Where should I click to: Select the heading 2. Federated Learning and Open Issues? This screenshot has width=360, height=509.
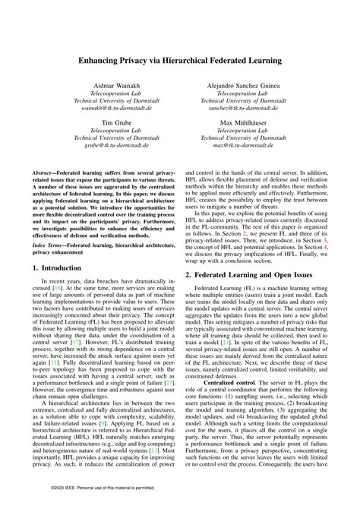point(247,272)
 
